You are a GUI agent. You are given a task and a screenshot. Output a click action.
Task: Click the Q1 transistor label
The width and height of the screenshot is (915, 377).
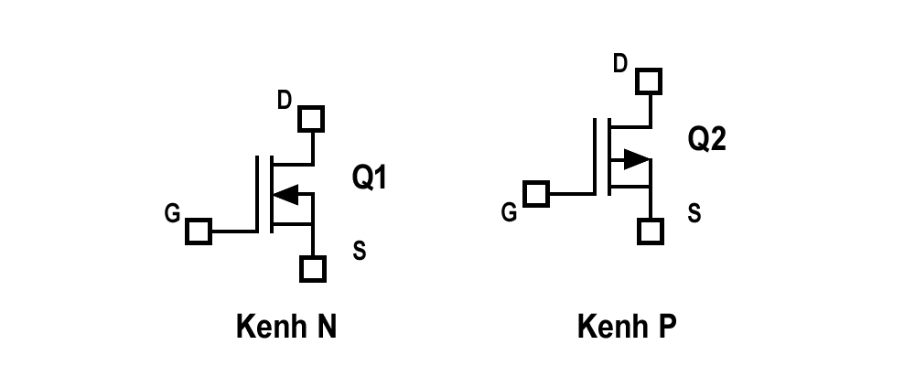pos(369,178)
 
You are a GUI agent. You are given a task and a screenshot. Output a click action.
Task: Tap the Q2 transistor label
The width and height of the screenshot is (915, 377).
pos(706,139)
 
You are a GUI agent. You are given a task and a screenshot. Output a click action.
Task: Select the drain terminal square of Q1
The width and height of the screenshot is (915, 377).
pos(311,119)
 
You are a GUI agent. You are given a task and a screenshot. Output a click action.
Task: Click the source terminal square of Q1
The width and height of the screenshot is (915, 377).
pos(313,269)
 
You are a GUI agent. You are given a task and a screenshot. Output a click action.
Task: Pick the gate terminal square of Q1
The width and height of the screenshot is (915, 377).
pos(199,232)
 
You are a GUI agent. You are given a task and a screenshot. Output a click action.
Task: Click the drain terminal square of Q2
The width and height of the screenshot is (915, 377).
pos(649,81)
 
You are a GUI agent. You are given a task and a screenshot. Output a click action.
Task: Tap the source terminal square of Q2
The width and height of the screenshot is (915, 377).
pos(651,232)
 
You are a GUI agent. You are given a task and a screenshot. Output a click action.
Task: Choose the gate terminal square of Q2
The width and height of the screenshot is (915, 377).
pos(536,194)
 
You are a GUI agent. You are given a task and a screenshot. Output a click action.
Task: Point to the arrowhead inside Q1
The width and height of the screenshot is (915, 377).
pos(285,194)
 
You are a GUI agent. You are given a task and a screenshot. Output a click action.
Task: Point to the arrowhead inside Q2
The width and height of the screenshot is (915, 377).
pos(637,158)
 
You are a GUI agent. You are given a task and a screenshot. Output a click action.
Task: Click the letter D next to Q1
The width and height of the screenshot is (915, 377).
pos(285,101)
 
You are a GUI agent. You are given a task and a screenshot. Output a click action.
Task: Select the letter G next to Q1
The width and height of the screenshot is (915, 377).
pos(172,213)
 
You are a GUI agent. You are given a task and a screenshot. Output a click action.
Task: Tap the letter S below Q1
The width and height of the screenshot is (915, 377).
pos(360,251)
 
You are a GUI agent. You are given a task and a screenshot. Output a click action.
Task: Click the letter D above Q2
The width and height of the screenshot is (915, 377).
pos(620,63)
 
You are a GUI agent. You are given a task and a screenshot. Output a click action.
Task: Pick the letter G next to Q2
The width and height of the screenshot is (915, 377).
pos(509,212)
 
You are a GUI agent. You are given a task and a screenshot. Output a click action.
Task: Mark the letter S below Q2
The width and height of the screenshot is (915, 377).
pos(694,213)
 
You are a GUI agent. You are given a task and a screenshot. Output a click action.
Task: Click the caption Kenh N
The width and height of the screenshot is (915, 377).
pos(286,327)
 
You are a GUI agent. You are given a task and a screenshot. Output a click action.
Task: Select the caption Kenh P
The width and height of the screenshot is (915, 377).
pos(627,327)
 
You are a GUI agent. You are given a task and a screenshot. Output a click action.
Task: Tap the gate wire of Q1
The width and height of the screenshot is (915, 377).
pos(234,232)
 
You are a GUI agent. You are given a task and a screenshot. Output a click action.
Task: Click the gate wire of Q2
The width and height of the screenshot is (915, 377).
pos(573,194)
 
